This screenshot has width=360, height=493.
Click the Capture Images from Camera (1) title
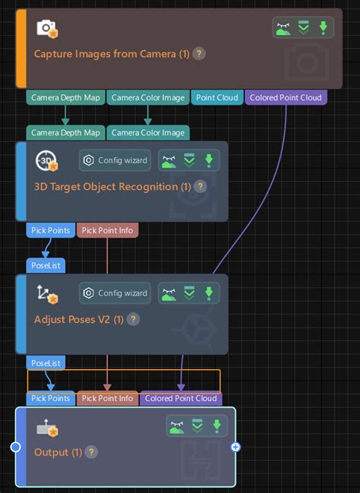pos(112,54)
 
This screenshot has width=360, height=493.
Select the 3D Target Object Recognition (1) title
pos(112,186)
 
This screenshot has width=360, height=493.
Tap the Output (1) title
pos(58,452)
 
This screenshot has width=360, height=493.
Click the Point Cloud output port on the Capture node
pos(217,97)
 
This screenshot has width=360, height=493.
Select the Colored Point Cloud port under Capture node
pos(286,97)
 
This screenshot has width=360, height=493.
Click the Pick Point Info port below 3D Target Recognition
pos(107,229)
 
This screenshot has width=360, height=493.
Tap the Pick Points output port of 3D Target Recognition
pos(50,229)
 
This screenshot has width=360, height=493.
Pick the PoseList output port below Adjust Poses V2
pos(46,363)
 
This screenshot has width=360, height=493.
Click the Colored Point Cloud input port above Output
pos(181,398)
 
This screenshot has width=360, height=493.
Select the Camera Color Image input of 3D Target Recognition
pos(147,133)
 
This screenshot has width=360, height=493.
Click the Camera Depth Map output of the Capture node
pos(65,97)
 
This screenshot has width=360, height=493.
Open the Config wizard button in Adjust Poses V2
pos(115,293)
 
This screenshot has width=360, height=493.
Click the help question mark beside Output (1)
pos(91,452)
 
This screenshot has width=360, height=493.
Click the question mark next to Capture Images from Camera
pos(199,54)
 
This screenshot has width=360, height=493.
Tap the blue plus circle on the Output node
pos(235,447)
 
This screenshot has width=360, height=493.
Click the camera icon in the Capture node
pos(47,29)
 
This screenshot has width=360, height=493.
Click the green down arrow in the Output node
pos(217,426)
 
